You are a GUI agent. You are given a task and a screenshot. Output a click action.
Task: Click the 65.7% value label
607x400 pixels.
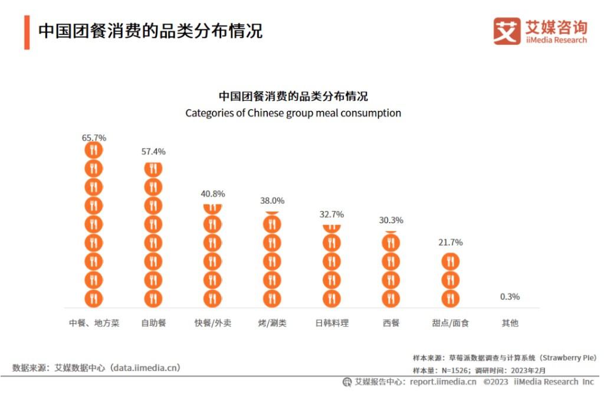[x=94, y=138]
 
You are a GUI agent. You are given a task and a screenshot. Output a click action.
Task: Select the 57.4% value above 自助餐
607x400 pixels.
[x=153, y=151]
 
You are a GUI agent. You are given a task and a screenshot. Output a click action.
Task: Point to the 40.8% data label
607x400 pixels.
[x=213, y=194]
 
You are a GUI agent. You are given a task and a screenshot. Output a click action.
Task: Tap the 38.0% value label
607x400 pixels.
[x=272, y=200]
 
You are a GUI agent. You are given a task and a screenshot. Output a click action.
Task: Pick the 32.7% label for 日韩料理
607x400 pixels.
[x=332, y=214]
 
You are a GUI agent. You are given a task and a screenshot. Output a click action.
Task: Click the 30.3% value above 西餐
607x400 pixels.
[x=391, y=220]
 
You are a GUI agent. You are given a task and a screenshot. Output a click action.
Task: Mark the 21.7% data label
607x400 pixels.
[x=451, y=242]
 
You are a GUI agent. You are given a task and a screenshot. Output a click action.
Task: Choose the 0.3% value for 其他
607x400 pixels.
[x=510, y=297]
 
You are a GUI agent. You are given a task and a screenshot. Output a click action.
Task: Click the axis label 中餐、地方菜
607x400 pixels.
[x=94, y=323]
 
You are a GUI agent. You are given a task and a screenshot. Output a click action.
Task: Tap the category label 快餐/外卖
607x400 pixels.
[x=213, y=323]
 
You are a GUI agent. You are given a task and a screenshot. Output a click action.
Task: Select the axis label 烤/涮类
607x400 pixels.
[x=272, y=323]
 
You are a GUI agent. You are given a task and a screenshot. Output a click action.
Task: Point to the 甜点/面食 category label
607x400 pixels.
[x=451, y=323]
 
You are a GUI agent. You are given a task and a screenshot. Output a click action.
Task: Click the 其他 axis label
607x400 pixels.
[x=510, y=323]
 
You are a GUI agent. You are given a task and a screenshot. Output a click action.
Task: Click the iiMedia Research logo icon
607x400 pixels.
[x=507, y=31]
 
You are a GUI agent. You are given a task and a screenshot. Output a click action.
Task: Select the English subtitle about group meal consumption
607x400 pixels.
[x=293, y=113]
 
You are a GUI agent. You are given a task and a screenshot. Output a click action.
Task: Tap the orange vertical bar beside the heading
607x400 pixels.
[x=27, y=32]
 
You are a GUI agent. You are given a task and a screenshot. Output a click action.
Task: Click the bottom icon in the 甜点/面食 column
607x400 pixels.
[x=451, y=298]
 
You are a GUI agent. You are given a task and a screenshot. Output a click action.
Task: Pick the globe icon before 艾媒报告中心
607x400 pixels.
[x=347, y=382]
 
